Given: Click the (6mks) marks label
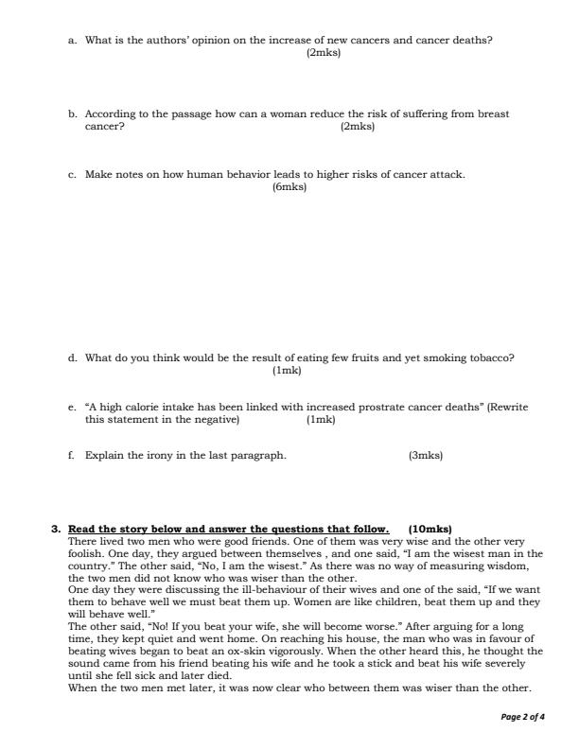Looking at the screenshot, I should tap(289, 187).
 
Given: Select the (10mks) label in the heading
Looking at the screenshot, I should tap(430, 528).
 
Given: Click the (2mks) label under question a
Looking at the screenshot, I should tap(324, 53).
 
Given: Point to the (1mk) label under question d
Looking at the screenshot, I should tap(286, 370).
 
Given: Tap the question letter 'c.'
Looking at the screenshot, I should tap(73, 175).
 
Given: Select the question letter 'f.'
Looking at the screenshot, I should tap(72, 455).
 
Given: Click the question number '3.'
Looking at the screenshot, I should tap(56, 528).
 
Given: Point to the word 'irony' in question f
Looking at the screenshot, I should tap(167, 455).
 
